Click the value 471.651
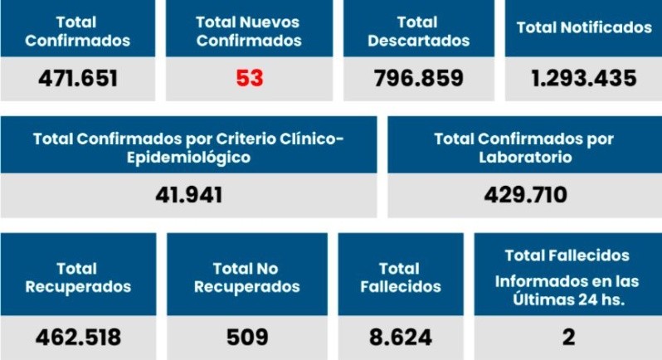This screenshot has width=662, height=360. tap(77, 79)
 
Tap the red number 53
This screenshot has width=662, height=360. tap(249, 79)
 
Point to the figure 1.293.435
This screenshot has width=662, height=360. tap(584, 79)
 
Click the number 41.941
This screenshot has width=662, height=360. tap(188, 195)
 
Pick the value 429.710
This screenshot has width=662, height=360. tap(525, 195)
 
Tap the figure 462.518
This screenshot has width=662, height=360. tap(78, 338)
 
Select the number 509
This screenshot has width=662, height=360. tap(247, 338)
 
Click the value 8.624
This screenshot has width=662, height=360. tap(402, 338)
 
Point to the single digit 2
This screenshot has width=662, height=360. tap(568, 338)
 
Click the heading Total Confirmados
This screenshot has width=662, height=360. tap(77, 31)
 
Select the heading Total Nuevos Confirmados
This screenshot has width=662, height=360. tap(249, 31)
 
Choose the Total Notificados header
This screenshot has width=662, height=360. tap(584, 27)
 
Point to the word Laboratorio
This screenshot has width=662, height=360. tap(525, 156)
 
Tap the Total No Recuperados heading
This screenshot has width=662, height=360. tap(247, 278)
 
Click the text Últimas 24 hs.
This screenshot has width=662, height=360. tap(568, 299)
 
